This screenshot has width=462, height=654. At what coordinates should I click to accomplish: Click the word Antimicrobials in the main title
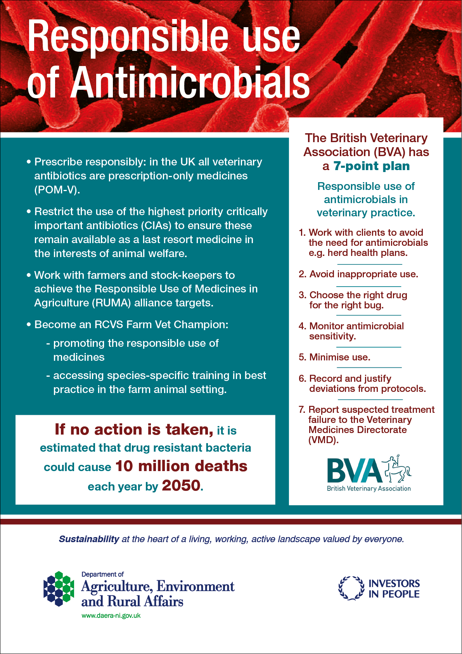click(x=190, y=82)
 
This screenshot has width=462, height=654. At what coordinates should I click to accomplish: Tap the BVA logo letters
click(x=354, y=470)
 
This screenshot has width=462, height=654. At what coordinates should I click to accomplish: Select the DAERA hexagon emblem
click(x=59, y=589)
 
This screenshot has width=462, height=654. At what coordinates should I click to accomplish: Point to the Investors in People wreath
click(x=351, y=588)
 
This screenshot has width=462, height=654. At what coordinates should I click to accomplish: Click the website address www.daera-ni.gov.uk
click(x=111, y=616)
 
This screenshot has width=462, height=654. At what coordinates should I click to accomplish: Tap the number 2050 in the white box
click(x=182, y=485)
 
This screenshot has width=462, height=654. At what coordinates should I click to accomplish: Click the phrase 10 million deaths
click(x=182, y=466)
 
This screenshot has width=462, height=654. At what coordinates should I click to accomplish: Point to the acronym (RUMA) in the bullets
click(x=111, y=303)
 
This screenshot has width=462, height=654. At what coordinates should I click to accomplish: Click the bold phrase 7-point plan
click(x=372, y=166)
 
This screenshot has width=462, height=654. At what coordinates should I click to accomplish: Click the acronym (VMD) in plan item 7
click(x=323, y=440)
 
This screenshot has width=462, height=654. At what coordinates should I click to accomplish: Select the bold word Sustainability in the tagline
click(x=89, y=539)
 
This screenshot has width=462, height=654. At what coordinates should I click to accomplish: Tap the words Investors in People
click(x=394, y=589)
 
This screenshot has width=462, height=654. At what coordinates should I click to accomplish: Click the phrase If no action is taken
click(x=134, y=430)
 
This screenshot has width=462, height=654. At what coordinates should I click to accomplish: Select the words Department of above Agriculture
click(x=102, y=574)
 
